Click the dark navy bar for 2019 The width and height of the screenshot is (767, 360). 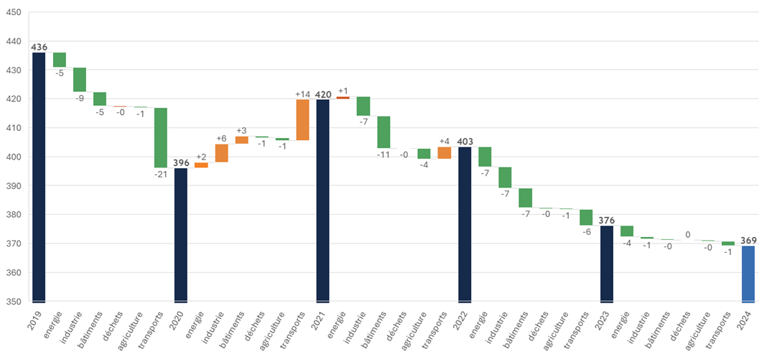pos(39,177)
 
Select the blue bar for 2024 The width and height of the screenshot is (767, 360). pos(748,274)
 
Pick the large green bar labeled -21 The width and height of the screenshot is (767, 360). pos(161,137)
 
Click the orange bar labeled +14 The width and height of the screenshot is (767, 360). pos(302,119)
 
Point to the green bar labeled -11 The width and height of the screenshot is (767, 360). pos(384,132)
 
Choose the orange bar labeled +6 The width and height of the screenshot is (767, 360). pos(221,153)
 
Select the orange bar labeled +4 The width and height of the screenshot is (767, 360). pos(445,152)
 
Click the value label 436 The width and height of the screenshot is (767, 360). pos(39,47)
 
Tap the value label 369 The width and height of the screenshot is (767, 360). pos(748,240)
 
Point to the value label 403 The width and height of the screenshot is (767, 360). pos(465,142)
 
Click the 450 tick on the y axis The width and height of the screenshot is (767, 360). pos(14,12)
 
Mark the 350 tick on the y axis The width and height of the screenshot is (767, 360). pos(14,302)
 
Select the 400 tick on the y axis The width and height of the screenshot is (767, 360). pos(14,157)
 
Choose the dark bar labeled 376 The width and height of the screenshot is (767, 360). pos(607,264)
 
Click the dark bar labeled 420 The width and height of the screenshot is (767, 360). pos(323,200)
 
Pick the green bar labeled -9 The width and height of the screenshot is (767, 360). pos(80,80)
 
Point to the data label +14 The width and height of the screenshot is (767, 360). pos(302,94)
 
